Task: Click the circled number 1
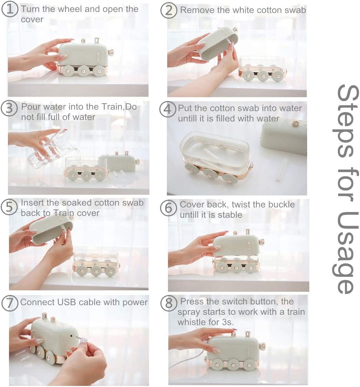[x=10, y=10]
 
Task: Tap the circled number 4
[x=168, y=109]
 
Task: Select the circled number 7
[x=10, y=303]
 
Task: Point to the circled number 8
[x=169, y=303]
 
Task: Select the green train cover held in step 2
[x=218, y=43]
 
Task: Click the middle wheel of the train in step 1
[x=82, y=72]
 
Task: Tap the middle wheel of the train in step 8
[x=232, y=363]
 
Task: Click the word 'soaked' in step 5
[x=77, y=203]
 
